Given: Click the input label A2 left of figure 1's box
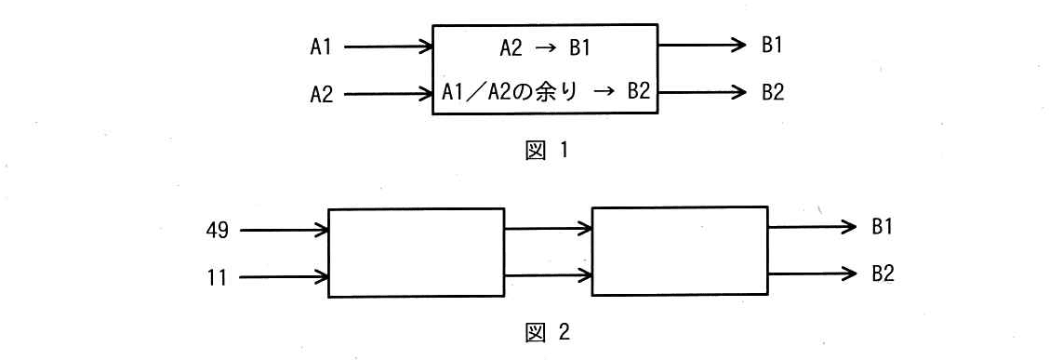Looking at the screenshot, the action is pos(321,94).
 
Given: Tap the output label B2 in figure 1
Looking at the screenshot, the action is pos(772,92).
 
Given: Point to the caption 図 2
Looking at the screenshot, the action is pos(547,331).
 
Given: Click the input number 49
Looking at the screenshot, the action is pos(218,231).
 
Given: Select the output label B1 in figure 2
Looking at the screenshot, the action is pos(882,227).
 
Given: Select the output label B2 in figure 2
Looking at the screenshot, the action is pos(882,273).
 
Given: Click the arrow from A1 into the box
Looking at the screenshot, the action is pos(389,47).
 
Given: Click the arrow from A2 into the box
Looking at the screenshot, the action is pos(389,94).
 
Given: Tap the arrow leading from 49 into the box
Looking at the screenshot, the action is pos(285,231).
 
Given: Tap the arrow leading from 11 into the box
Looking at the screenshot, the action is pos(285,276).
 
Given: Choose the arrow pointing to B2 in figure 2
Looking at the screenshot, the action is pos(812,273).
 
